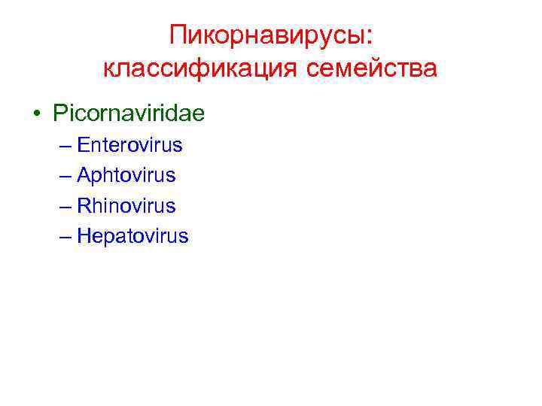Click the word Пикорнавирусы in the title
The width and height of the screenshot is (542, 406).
(266, 35)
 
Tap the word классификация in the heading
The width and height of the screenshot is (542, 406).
(201, 69)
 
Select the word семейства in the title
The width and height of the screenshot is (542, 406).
(372, 69)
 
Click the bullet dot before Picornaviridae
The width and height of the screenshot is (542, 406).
(36, 114)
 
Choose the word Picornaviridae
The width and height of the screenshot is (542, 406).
(129, 114)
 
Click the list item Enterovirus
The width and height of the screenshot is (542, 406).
(129, 144)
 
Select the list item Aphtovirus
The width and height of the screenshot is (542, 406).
(126, 175)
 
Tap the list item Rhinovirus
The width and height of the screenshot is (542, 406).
(126, 206)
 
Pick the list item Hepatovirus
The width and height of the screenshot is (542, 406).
(133, 237)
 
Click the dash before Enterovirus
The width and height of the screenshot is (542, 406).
(64, 145)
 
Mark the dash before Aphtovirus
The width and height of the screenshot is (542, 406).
(64, 176)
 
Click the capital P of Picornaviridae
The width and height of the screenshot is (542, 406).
(59, 114)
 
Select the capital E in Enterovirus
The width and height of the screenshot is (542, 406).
(83, 144)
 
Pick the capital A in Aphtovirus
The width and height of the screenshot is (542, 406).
(84, 175)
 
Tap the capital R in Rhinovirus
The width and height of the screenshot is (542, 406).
(84, 206)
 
